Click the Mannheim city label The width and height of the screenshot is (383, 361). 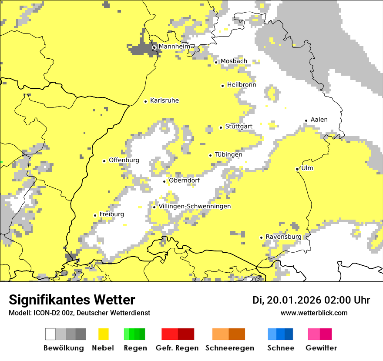[174, 47]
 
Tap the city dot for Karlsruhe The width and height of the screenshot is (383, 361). [146, 101]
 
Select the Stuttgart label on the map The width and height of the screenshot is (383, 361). [239, 127]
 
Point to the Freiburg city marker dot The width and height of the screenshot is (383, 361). [95, 215]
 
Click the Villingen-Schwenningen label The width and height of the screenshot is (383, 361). [195, 206]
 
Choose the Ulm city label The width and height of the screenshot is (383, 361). [307, 168]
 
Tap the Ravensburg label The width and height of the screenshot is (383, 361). [283, 237]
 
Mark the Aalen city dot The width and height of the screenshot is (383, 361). [306, 120]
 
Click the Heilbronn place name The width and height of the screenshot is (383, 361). [241, 85]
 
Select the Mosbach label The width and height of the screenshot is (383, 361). [234, 61]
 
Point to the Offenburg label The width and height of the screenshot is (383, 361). [124, 160]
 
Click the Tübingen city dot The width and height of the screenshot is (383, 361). [211, 155]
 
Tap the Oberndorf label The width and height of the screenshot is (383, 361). [185, 180]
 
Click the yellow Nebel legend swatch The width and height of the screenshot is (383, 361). [103, 334]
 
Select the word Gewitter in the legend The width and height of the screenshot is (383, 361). [321, 348]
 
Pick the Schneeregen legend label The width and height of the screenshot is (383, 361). [229, 348]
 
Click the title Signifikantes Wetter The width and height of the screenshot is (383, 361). [72, 300]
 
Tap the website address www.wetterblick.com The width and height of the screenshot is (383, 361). [314, 313]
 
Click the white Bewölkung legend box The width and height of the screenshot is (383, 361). [50, 334]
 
